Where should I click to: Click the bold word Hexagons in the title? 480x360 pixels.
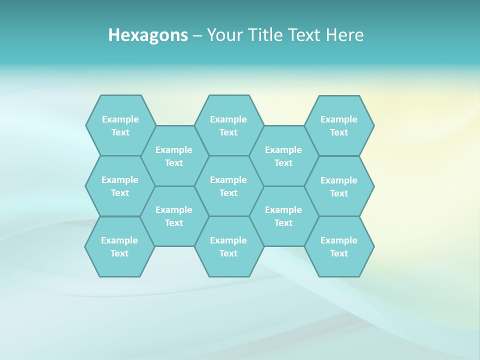pyautogui.click(x=148, y=35)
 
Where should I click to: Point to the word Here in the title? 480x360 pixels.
pyautogui.click(x=345, y=35)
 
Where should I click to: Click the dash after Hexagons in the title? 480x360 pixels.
pyautogui.click(x=197, y=35)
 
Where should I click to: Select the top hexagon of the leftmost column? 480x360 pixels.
pyautogui.click(x=120, y=125)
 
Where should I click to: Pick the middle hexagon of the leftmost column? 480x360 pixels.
pyautogui.click(x=120, y=186)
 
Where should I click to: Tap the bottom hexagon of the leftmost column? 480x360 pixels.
pyautogui.click(x=119, y=246)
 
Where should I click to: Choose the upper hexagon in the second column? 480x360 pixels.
pyautogui.click(x=174, y=156)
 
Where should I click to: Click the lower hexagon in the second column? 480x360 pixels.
pyautogui.click(x=174, y=216)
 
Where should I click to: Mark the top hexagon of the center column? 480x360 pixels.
pyautogui.click(x=228, y=125)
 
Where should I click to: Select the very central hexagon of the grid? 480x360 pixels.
pyautogui.click(x=228, y=186)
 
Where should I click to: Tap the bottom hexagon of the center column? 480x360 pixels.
pyautogui.click(x=228, y=246)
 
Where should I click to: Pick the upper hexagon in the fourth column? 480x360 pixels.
pyautogui.click(x=283, y=156)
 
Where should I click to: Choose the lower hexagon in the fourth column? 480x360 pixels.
pyautogui.click(x=283, y=216)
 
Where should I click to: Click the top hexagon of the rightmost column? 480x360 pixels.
pyautogui.click(x=339, y=125)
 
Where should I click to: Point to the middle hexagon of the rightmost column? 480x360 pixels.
pyautogui.click(x=339, y=186)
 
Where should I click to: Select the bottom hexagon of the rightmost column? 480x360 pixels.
pyautogui.click(x=339, y=246)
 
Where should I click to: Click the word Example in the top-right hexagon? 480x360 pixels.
pyautogui.click(x=339, y=119)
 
